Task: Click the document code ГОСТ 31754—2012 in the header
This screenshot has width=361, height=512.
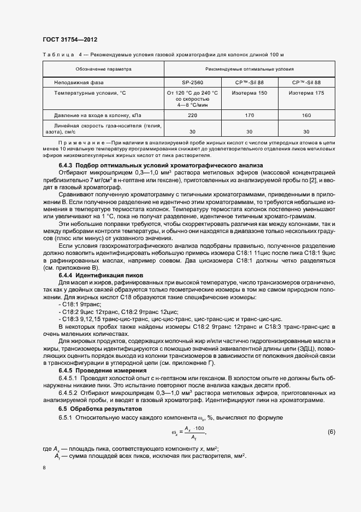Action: point(69,40)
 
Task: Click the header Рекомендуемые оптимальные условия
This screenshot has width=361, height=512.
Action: point(249,69)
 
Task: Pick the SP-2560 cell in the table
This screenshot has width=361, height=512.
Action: point(192,82)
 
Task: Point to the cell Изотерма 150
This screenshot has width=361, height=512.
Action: point(249,93)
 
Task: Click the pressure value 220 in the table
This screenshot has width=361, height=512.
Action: point(192,115)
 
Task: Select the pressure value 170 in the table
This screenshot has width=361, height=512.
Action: point(249,115)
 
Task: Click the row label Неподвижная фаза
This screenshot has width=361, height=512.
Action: point(77,82)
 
